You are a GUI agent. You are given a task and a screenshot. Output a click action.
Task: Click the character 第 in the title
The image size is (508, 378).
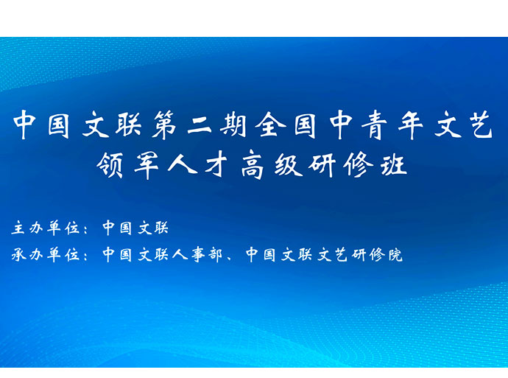(165, 125)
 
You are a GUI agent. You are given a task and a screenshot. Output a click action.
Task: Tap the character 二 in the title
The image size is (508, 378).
(200, 125)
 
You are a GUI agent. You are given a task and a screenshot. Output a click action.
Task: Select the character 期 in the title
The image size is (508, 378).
(233, 125)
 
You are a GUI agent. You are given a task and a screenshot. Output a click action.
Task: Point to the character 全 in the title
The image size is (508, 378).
(270, 125)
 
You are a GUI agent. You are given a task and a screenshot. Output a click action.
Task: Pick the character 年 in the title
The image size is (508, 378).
(411, 125)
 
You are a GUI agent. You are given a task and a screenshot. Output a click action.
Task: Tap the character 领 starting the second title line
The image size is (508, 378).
(110, 165)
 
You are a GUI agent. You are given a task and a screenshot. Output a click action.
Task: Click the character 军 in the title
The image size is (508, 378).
(147, 165)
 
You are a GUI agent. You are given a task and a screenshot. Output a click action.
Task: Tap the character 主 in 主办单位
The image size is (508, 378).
(18, 228)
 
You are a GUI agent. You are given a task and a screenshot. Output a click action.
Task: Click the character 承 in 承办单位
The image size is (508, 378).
(18, 254)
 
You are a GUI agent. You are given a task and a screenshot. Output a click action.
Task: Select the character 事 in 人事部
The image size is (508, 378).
(197, 254)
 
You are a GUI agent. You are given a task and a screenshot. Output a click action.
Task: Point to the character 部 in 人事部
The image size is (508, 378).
(215, 254)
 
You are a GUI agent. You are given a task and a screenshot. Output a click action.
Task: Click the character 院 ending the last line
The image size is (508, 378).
(395, 254)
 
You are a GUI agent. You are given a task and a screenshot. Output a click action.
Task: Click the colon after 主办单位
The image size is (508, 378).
(85, 229)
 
